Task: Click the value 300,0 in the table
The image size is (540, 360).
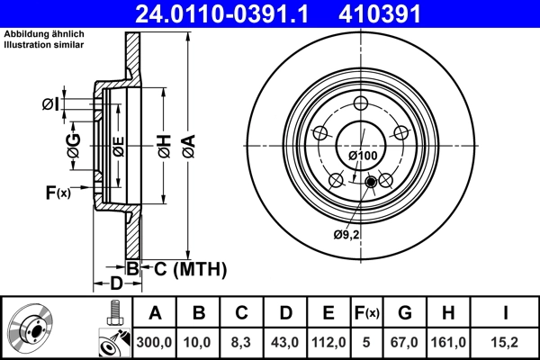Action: pyautogui.click(x=155, y=341)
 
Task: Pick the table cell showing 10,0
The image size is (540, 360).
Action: pyautogui.click(x=199, y=341)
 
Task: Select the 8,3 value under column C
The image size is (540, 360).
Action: pyautogui.click(x=242, y=341)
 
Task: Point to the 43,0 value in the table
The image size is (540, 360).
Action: pyautogui.click(x=285, y=341)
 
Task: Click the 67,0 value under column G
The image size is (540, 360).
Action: pyautogui.click(x=405, y=341)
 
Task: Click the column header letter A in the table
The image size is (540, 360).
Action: pyautogui.click(x=155, y=313)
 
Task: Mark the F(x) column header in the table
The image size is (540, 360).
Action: pyautogui.click(x=367, y=313)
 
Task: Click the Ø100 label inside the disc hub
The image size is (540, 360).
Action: pyautogui.click(x=362, y=156)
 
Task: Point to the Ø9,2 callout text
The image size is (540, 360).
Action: pyautogui.click(x=346, y=235)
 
